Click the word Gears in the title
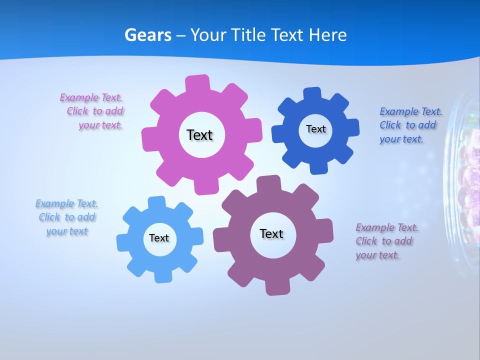pos(148,35)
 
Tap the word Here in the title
pos(328,35)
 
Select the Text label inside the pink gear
pos(200,135)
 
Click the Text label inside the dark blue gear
pos(315,129)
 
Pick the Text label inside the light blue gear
pos(159,238)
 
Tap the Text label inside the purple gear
pos(271,233)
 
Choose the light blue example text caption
pos(67,217)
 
